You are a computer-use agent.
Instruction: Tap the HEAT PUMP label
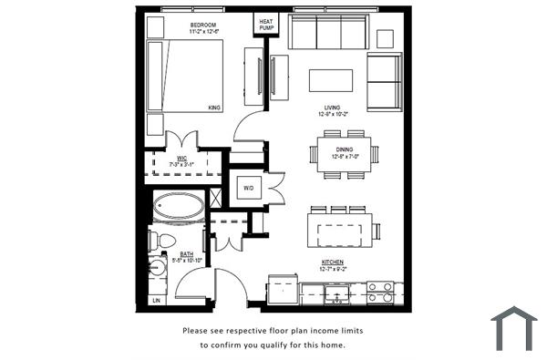tap(266, 24)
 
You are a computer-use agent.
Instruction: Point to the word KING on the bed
tap(214, 108)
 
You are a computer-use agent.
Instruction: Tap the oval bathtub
tap(178, 208)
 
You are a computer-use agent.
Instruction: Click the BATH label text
tap(186, 254)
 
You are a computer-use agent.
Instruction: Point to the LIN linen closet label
tap(156, 300)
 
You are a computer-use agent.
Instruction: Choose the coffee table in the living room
tap(331, 79)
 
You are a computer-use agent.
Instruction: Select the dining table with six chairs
tap(344, 149)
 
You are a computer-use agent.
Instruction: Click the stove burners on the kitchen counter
tap(381, 292)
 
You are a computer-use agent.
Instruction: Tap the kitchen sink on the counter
tap(336, 293)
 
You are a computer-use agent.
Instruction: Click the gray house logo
tap(514, 328)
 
